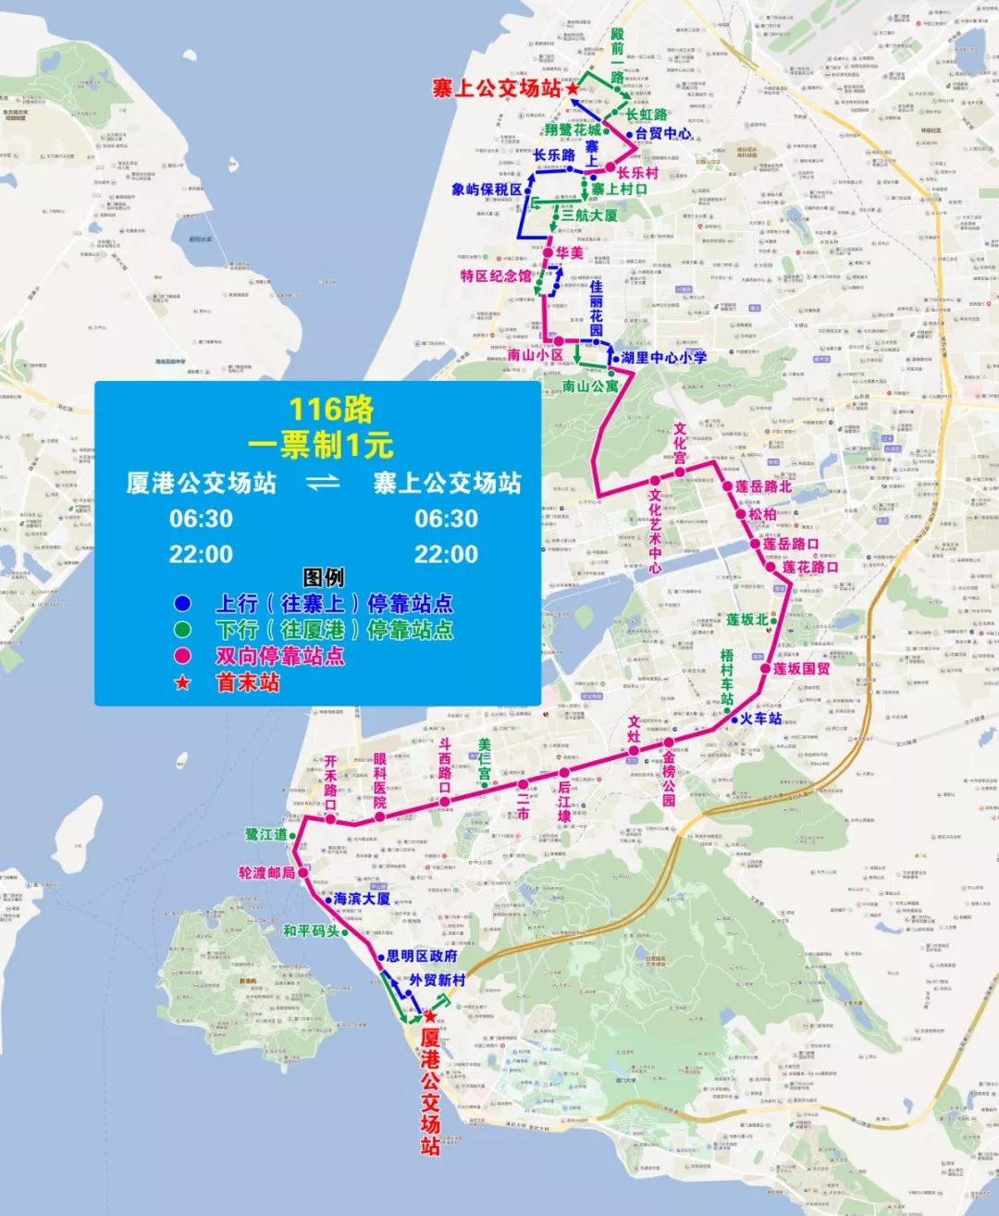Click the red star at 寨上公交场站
tap(573, 89)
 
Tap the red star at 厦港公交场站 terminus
tap(429, 1015)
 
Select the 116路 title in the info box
tap(318, 409)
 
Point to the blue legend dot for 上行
tap(182, 604)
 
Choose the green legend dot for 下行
tap(182, 630)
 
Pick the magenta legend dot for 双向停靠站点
tap(182, 657)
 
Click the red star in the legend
tap(182, 683)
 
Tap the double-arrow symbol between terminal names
tap(323, 483)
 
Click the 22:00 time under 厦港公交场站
tap(201, 555)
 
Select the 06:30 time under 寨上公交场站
tap(446, 519)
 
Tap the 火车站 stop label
tap(761, 719)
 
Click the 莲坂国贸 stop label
tap(802, 668)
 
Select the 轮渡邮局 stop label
tap(266, 873)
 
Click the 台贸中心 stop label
tap(663, 134)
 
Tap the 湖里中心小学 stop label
tap(664, 358)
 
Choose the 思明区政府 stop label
tap(421, 956)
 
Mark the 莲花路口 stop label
tap(810, 567)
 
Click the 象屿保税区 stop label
tap(487, 190)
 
